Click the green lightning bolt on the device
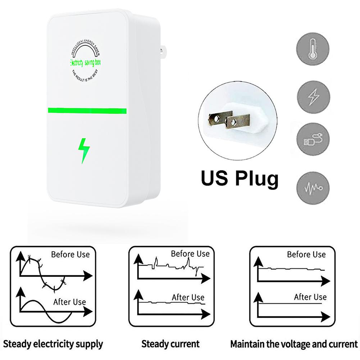pyautogui.click(x=84, y=149)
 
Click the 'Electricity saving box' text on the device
pyautogui.click(x=85, y=63)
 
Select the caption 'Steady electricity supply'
pyautogui.click(x=53, y=343)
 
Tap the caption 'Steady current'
pyautogui.click(x=170, y=343)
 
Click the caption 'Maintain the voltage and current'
pyautogui.click(x=294, y=343)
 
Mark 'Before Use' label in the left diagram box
pyautogui.click(x=70, y=255)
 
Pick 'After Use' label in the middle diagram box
pyautogui.click(x=188, y=297)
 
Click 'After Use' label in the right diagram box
pyautogui.click(x=310, y=297)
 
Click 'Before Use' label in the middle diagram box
pyautogui.click(x=190, y=254)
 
